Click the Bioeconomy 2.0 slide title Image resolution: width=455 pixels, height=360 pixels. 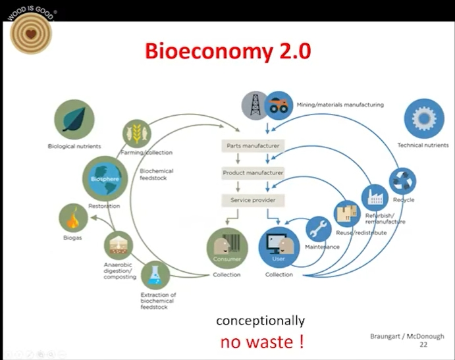(228, 51)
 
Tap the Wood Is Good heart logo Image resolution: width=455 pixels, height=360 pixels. (31, 33)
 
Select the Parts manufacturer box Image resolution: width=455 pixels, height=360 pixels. (253, 145)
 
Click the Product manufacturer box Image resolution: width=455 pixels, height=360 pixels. (253, 173)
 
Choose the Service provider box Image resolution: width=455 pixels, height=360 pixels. (253, 200)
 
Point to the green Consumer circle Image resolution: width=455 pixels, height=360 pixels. (227, 248)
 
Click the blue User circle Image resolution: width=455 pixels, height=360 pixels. (279, 247)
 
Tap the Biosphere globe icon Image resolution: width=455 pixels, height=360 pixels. (105, 179)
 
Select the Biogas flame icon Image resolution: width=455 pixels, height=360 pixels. (73, 218)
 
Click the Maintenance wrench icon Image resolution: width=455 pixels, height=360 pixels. (319, 229)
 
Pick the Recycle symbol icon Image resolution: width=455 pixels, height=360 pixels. (402, 181)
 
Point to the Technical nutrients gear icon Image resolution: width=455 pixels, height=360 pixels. (424, 118)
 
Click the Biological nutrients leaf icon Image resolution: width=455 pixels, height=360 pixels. (74, 120)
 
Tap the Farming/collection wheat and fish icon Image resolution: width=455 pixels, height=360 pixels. (137, 134)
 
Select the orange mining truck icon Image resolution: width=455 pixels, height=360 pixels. (279, 105)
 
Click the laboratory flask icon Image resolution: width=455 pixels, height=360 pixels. (155, 275)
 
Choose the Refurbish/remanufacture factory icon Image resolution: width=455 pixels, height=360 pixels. (375, 198)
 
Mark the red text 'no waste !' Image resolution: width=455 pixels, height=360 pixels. (262, 342)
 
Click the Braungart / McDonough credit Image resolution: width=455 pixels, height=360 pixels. (407, 336)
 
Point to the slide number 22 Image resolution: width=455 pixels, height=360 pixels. (423, 345)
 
